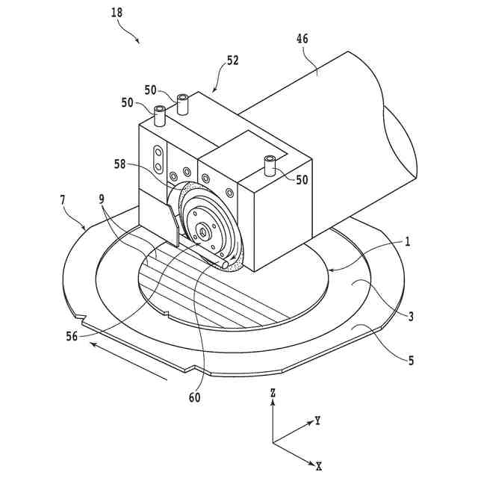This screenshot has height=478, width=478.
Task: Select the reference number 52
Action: click(232, 60)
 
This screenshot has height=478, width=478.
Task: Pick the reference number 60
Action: click(194, 398)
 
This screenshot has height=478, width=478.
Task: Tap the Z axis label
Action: click(274, 392)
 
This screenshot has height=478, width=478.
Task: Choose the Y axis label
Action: click(318, 421)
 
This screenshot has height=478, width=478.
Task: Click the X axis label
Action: click(318, 465)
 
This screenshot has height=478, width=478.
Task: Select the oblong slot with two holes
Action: click(158, 159)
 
